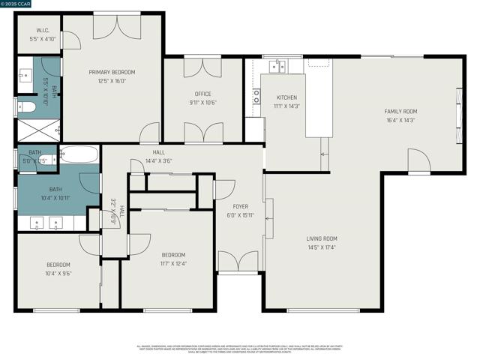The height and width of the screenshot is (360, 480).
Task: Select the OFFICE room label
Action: tap(202, 94)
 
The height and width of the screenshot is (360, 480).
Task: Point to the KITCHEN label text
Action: tap(286, 97)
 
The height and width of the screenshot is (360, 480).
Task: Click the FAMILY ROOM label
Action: tap(400, 111)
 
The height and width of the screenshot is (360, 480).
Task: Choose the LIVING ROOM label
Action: tap(322, 238)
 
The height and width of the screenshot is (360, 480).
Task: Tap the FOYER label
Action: tap(240, 206)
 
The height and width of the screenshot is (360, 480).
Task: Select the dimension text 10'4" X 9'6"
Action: tap(58, 274)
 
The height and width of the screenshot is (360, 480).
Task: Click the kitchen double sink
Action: tap(278, 67)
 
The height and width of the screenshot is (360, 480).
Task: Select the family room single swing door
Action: tap(418, 160)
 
